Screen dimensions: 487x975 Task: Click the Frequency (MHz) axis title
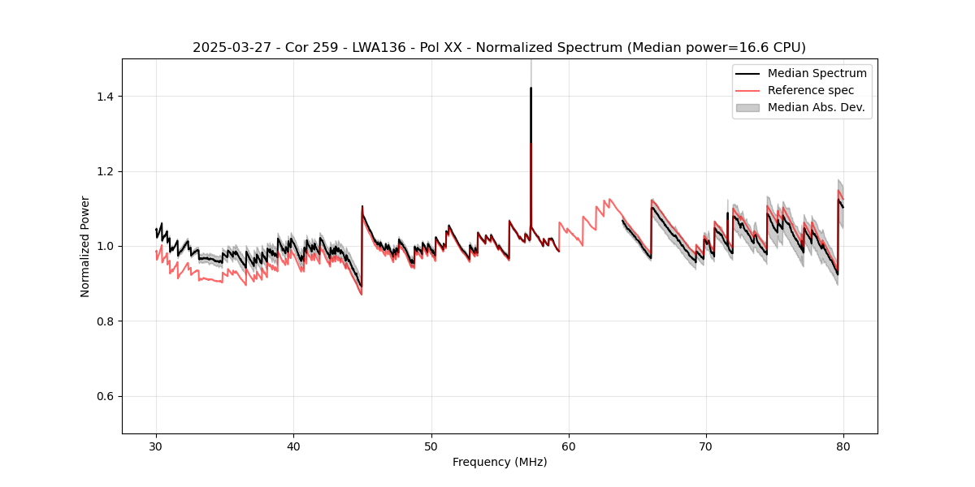tap(500, 462)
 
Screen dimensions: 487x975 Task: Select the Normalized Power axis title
tap(85, 246)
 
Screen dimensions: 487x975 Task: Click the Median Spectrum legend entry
tap(817, 73)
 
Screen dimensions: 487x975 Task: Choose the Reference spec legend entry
tap(811, 90)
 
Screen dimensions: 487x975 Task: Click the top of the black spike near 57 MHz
tap(531, 88)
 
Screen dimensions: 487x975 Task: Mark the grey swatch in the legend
tap(747, 107)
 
